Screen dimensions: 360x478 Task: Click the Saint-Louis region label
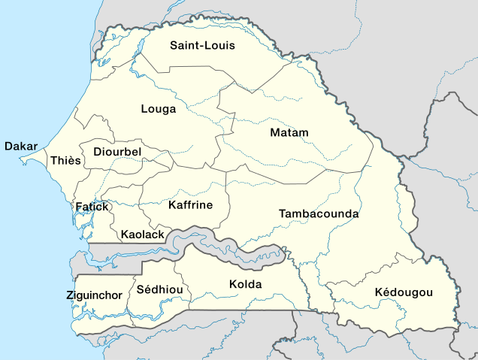[202, 45]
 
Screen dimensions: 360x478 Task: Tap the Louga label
[159, 109]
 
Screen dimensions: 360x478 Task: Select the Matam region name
[289, 133]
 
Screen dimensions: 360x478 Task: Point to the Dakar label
[21, 146]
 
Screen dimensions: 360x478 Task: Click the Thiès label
[65, 161]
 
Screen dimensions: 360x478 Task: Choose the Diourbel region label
[117, 153]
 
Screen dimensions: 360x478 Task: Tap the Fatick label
[92, 207]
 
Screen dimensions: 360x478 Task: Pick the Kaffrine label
[191, 205]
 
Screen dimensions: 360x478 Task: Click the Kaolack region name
[142, 235]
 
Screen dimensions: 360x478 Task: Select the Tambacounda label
[319, 214]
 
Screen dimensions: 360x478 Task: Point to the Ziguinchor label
[94, 295]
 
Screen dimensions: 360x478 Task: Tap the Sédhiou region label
[156, 289]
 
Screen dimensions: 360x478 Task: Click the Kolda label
[245, 285]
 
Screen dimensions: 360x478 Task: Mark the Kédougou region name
[404, 292]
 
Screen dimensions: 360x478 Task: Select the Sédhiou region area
[154, 304]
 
